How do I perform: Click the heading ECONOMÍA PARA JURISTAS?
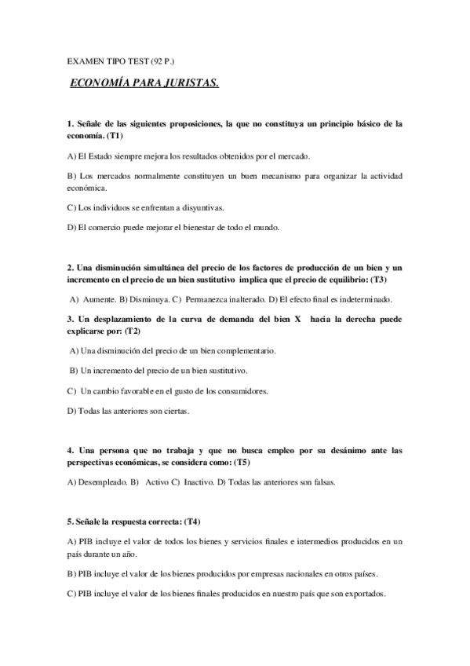(145, 82)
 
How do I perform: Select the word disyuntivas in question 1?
(200, 207)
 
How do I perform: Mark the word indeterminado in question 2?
(365, 299)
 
